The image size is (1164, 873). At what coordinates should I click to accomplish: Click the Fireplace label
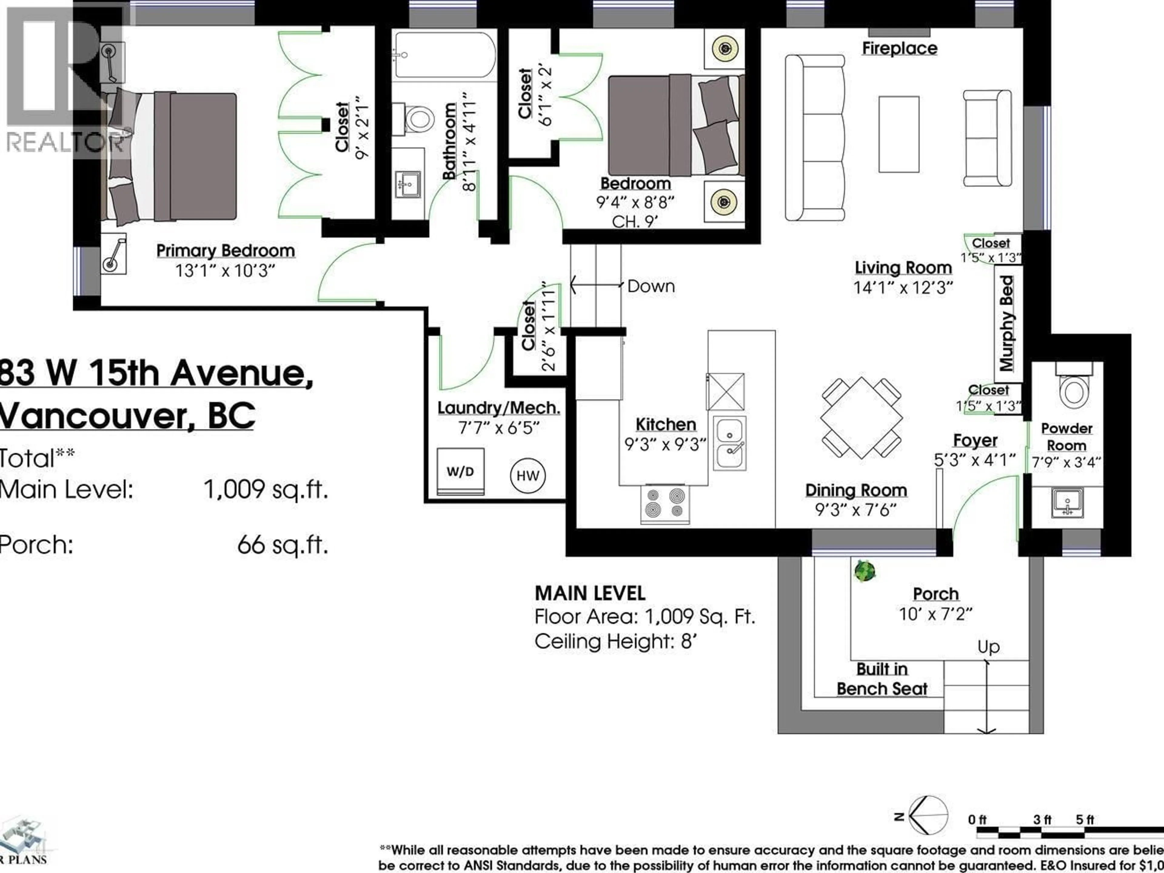tap(899, 48)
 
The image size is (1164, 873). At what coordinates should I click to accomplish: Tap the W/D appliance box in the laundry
tap(460, 471)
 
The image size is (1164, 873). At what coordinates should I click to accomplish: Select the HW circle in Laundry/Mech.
tap(528, 476)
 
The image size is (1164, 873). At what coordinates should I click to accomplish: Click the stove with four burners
tap(665, 503)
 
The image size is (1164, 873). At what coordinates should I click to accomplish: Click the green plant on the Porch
tap(864, 571)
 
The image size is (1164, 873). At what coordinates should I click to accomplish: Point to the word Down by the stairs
tap(651, 286)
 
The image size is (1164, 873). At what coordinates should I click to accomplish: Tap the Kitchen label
tap(666, 424)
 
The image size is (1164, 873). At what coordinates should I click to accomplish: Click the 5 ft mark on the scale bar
tap(1085, 820)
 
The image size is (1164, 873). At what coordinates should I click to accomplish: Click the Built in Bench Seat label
tap(882, 679)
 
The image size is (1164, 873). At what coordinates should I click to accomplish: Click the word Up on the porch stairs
tap(988, 647)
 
